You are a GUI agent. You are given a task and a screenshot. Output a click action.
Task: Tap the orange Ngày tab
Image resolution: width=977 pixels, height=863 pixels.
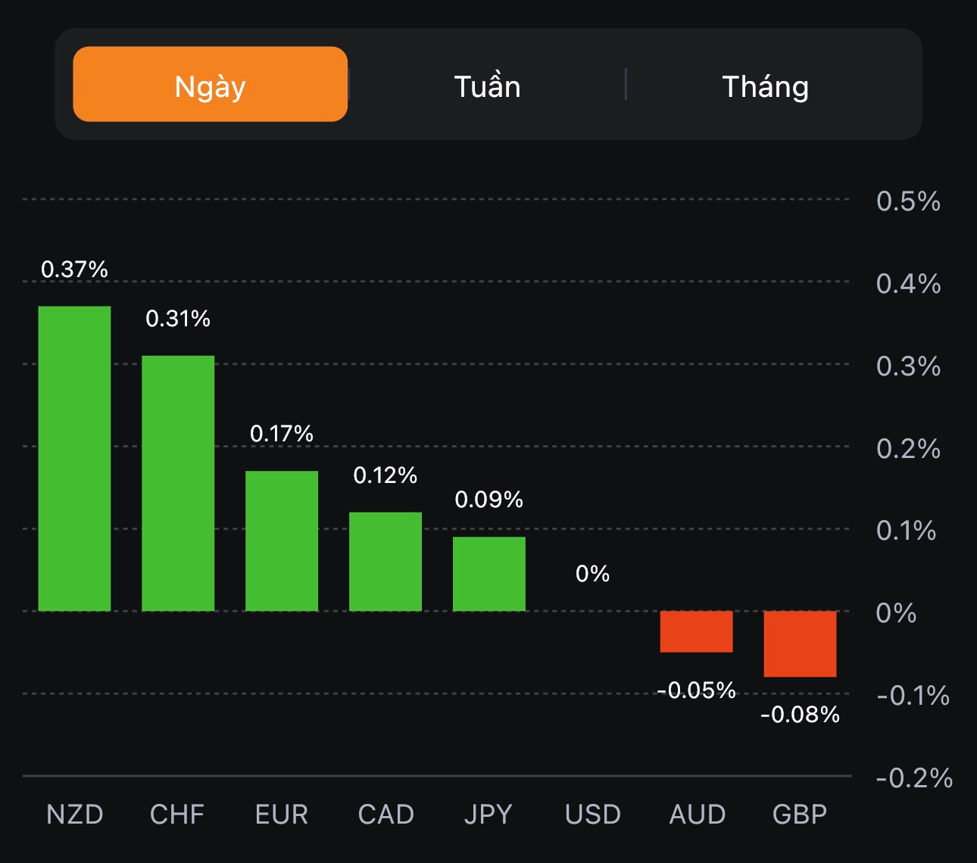(x=210, y=85)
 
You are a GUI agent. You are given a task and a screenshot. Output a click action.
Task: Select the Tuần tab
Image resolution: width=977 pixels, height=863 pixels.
(x=487, y=86)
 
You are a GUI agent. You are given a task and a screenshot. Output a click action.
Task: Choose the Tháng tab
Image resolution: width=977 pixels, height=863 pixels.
(x=765, y=86)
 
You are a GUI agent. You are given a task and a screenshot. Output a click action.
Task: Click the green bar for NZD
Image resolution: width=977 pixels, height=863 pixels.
(x=74, y=458)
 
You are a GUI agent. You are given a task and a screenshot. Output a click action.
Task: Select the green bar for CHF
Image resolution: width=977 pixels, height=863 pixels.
(x=178, y=483)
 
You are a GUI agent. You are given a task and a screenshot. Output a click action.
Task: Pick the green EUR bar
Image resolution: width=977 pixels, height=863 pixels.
(x=282, y=541)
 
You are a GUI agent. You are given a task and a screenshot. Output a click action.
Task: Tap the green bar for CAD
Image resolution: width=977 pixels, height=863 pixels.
(x=385, y=561)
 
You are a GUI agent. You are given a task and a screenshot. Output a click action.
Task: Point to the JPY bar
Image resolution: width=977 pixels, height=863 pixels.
(x=489, y=573)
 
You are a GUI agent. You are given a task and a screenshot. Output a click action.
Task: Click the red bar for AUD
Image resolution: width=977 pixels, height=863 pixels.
(x=696, y=631)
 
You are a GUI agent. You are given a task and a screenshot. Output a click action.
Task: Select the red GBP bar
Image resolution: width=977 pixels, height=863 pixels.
(x=800, y=643)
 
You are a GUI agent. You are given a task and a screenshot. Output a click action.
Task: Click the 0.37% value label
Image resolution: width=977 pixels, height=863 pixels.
(x=74, y=269)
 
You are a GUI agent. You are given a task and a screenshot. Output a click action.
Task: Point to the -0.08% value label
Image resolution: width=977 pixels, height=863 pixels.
(x=800, y=715)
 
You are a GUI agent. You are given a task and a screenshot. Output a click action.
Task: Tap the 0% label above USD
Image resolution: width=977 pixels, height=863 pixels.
(x=592, y=574)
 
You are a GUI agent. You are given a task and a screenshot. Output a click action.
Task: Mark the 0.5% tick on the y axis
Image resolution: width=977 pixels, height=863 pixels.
(x=908, y=201)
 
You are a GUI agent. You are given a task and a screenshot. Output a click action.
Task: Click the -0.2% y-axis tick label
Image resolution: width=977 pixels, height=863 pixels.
(x=913, y=778)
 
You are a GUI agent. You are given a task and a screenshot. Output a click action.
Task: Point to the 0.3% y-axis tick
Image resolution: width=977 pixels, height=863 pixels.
(x=908, y=366)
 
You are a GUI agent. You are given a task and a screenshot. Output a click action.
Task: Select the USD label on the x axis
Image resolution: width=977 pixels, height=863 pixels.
(x=592, y=815)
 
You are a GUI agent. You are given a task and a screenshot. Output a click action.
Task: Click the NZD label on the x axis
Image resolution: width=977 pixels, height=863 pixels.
(x=74, y=815)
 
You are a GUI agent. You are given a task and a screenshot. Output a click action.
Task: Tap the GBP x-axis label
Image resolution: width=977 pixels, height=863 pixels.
(x=800, y=815)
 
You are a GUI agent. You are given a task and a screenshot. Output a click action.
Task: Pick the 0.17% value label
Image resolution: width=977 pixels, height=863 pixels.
(x=282, y=434)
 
